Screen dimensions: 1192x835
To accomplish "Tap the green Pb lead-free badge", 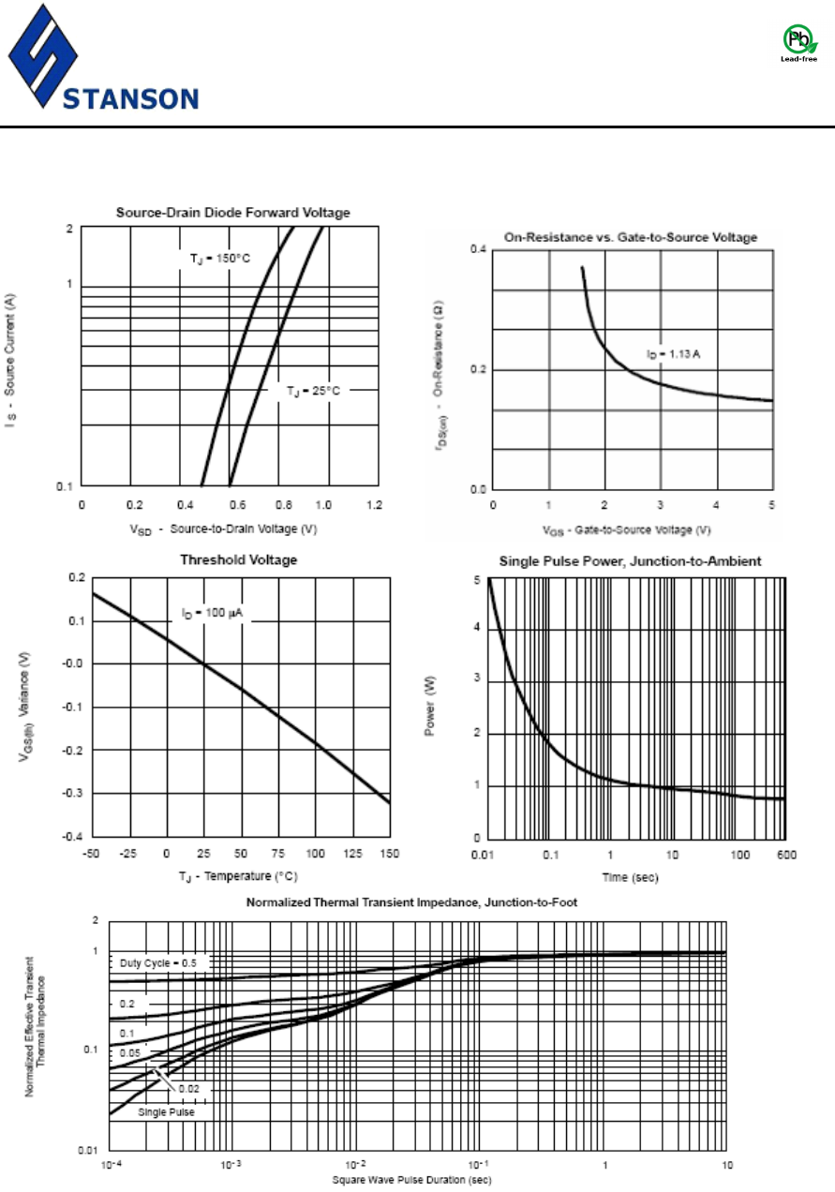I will [798, 42].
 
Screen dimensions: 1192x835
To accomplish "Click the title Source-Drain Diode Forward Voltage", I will [232, 213].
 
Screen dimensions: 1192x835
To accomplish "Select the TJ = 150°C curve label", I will [215, 257].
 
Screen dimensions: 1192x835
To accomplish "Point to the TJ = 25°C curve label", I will [313, 390].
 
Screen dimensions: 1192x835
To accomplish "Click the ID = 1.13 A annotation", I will [672, 354].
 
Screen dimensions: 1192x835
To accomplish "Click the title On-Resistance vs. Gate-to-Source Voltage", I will [630, 237].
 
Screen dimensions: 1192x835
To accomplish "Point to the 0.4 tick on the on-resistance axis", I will [479, 249].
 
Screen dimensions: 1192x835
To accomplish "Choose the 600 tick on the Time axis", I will [783, 855].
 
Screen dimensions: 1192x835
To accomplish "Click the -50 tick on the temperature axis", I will [92, 855].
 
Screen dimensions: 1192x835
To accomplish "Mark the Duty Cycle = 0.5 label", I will [158, 962].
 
